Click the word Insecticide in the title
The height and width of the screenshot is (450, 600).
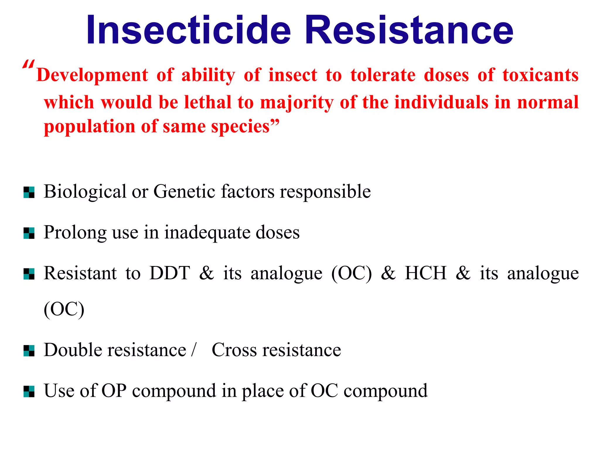[188, 30]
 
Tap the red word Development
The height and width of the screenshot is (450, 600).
[92, 75]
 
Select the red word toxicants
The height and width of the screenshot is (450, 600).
[541, 75]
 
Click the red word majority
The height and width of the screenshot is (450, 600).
[296, 103]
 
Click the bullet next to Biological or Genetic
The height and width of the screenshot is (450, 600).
[29, 192]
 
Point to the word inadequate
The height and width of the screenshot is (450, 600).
[207, 233]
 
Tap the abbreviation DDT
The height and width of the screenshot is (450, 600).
[170, 273]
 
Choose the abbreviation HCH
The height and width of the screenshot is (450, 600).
[425, 273]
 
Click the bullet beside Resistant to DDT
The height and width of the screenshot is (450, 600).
[29, 274]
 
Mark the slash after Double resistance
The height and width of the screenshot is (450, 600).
[193, 350]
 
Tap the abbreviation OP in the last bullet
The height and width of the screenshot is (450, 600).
[114, 391]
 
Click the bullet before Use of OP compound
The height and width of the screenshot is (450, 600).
[29, 392]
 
